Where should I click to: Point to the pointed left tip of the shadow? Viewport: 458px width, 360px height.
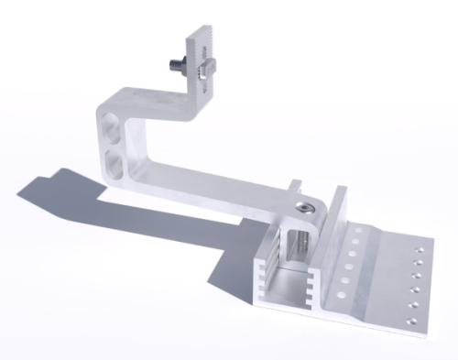coord(20,192)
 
